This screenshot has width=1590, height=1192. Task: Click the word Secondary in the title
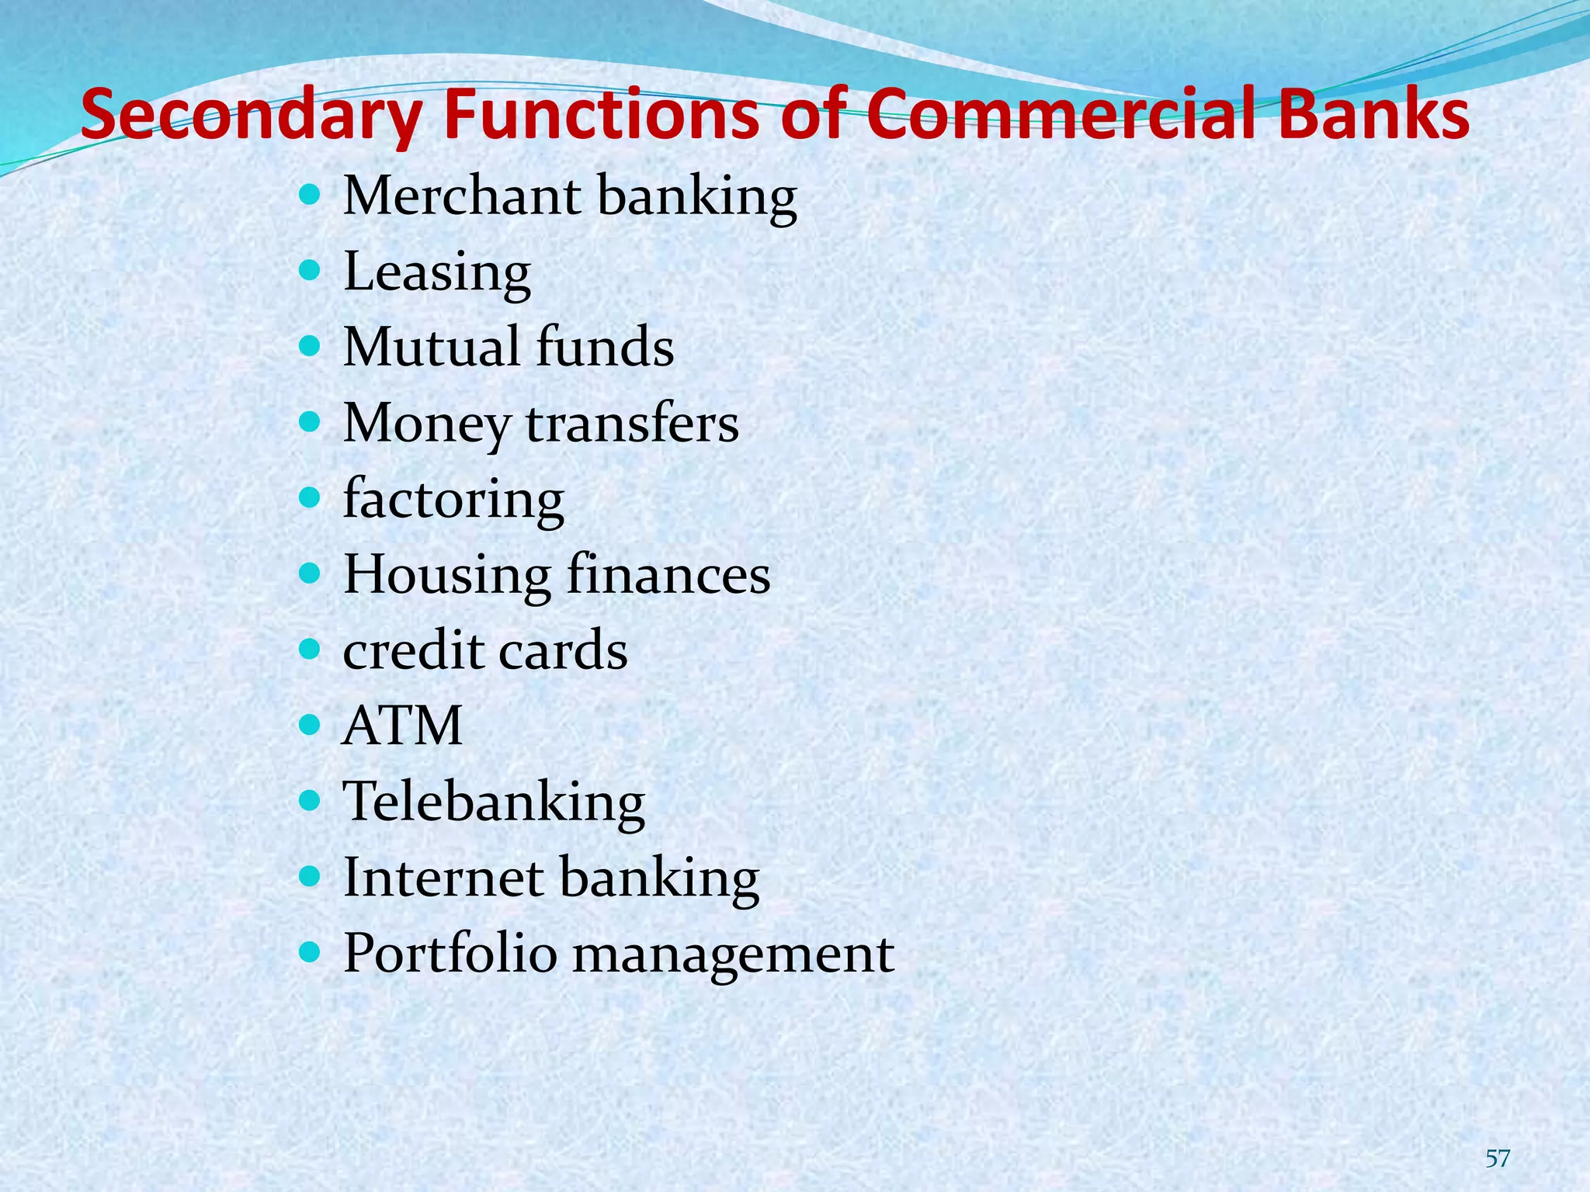point(252,116)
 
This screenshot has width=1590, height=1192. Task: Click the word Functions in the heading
point(601,114)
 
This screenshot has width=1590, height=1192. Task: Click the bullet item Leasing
point(437,272)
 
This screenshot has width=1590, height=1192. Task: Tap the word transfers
point(632,424)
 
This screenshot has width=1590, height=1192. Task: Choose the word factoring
point(453,499)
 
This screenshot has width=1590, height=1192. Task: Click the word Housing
point(446,575)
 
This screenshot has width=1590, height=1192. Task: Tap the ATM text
point(402,726)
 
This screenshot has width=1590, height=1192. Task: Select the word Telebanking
point(494,802)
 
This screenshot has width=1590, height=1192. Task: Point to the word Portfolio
point(450,953)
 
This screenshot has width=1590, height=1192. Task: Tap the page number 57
point(1498,1159)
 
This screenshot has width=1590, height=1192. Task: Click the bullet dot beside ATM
point(310,725)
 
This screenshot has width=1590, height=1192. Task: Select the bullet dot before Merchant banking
point(310,194)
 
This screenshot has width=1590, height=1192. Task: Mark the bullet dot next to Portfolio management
point(310,952)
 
